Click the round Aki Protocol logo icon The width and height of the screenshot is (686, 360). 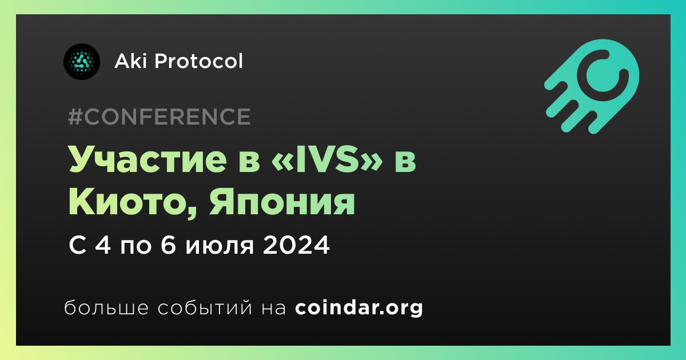[x=81, y=62]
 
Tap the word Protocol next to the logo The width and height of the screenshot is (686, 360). [x=199, y=61]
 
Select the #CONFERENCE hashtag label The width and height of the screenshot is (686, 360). [x=159, y=117]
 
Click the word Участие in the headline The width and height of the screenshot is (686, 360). [x=148, y=160]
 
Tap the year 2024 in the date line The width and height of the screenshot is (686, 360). [x=296, y=245]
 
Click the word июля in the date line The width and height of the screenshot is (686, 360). [x=220, y=246]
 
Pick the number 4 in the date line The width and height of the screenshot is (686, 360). [x=102, y=245]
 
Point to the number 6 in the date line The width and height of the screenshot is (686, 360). [x=168, y=245]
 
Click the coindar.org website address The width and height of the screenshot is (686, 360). [x=359, y=308]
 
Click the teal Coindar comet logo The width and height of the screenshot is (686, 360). [x=592, y=86]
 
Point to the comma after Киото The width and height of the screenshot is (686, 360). [x=192, y=213]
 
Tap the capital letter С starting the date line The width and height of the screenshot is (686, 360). [x=77, y=245]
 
